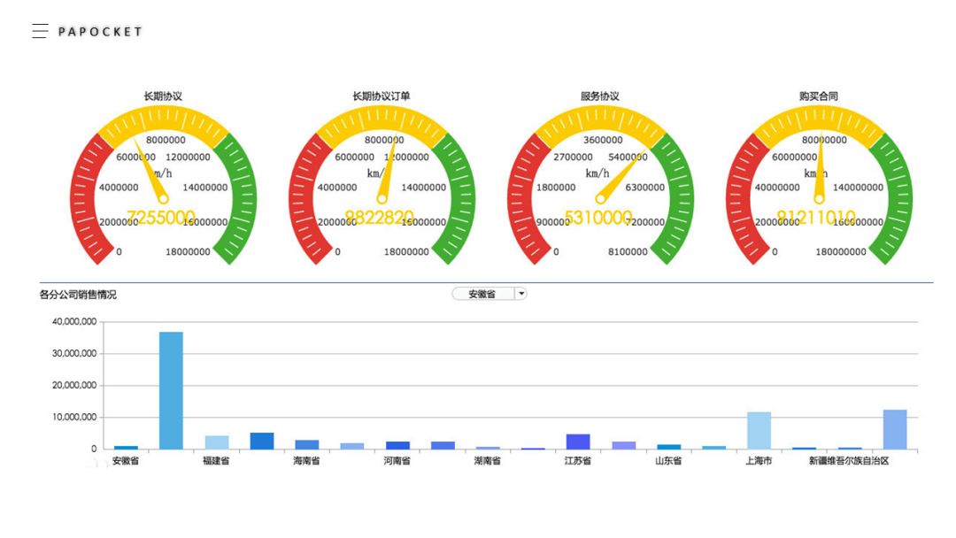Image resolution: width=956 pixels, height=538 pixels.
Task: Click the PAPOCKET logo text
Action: (x=100, y=32)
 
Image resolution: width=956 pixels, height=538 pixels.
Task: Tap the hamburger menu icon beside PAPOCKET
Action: (x=40, y=32)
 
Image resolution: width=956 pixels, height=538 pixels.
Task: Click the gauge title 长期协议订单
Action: (x=382, y=96)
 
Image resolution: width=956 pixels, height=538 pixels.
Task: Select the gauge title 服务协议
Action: (x=600, y=96)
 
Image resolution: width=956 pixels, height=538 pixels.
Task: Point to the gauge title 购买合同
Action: (x=818, y=96)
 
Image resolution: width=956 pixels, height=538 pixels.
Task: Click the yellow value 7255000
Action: (x=161, y=218)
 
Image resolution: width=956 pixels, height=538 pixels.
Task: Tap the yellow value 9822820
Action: (x=379, y=218)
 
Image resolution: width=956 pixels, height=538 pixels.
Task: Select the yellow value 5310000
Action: (x=598, y=218)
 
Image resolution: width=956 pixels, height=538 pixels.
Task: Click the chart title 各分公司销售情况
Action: (x=78, y=295)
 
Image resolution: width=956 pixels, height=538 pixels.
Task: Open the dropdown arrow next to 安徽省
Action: (x=520, y=294)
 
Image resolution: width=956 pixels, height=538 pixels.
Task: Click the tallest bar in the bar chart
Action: (x=171, y=390)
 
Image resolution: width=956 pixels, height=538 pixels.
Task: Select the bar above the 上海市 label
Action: (x=759, y=430)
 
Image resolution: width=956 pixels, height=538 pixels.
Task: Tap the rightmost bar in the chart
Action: (x=895, y=429)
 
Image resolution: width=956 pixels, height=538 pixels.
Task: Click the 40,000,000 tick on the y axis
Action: (x=74, y=322)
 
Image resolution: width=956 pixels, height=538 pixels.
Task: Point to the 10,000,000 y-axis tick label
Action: (x=74, y=418)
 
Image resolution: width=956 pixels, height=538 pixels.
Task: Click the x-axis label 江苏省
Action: (x=577, y=461)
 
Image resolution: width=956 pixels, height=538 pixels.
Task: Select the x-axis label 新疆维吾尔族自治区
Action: (x=848, y=461)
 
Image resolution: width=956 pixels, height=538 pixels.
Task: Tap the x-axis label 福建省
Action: (x=216, y=461)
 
